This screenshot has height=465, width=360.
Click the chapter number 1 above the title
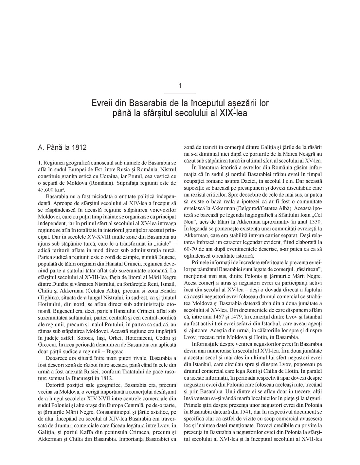[180, 86]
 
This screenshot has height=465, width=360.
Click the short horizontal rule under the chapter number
[180, 93]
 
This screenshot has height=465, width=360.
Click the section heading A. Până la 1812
[62, 147]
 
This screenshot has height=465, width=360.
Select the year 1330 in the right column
[315, 212]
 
